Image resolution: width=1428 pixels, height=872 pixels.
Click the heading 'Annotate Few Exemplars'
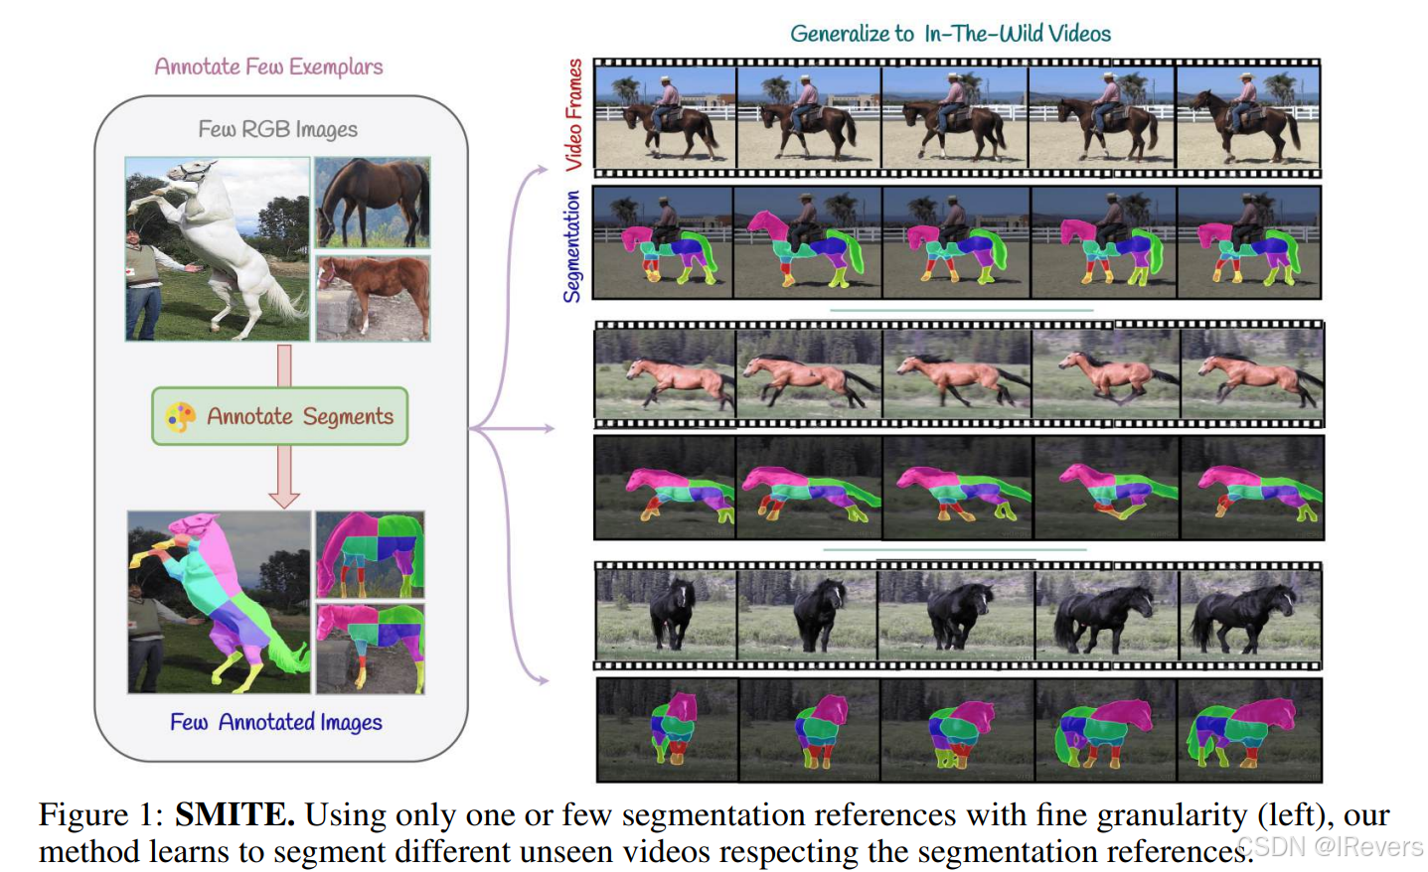(x=268, y=67)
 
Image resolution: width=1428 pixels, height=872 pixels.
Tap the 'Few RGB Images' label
(x=277, y=129)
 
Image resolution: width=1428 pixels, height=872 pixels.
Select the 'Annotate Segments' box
(x=280, y=416)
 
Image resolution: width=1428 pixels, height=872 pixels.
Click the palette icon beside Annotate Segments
(x=181, y=416)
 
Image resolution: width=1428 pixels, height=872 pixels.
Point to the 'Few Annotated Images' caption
(x=275, y=722)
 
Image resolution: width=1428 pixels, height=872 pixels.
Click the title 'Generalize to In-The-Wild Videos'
(x=950, y=34)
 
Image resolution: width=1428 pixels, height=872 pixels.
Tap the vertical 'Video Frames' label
(x=573, y=114)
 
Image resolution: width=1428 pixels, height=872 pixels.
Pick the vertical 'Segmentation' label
(x=571, y=246)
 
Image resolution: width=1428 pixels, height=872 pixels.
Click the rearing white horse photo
(x=218, y=249)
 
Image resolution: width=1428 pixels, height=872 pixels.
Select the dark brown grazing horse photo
(x=373, y=202)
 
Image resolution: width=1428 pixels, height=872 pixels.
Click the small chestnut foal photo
(x=373, y=298)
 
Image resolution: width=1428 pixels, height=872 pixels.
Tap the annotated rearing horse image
(x=219, y=602)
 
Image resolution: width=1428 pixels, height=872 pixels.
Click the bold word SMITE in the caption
(x=235, y=814)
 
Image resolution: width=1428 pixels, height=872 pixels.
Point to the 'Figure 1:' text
(x=101, y=814)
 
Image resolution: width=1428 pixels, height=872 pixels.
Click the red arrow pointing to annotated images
(x=284, y=477)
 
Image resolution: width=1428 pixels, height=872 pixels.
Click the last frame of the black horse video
(x=1249, y=615)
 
